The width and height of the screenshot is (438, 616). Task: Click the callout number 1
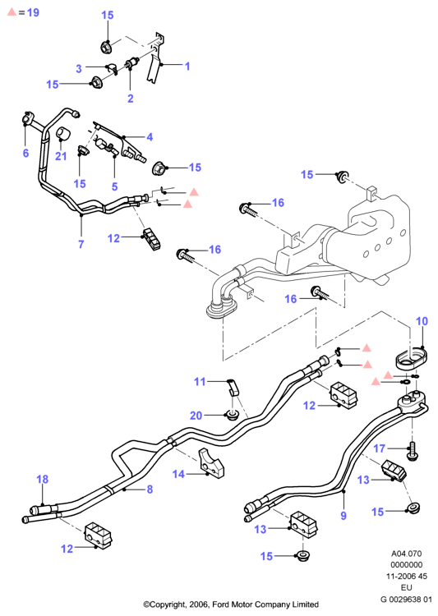(x=187, y=66)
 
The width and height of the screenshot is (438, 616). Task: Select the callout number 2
(x=131, y=99)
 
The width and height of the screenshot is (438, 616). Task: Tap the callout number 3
(x=79, y=68)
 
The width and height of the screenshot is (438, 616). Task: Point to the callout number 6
(x=26, y=153)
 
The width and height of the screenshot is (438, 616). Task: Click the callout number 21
(x=61, y=156)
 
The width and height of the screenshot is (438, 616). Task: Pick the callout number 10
(x=422, y=321)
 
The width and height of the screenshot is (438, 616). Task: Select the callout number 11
(x=200, y=381)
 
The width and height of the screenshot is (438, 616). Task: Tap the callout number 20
(x=196, y=416)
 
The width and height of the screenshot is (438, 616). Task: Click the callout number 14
(x=178, y=474)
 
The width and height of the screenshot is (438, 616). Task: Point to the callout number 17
(x=379, y=448)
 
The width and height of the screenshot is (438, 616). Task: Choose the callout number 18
(x=43, y=479)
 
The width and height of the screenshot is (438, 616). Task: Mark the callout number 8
(x=150, y=490)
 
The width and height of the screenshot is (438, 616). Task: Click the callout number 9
(x=343, y=516)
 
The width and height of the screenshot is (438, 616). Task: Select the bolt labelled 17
(x=412, y=450)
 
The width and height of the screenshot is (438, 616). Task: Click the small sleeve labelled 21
(x=63, y=133)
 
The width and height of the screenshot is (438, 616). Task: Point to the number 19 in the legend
(x=34, y=12)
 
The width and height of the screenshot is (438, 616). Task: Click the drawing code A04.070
(x=406, y=554)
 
